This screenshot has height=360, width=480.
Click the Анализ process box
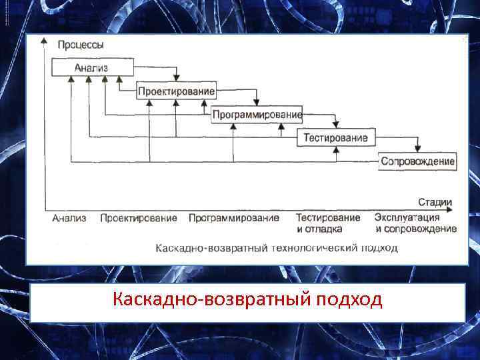click(x=92, y=67)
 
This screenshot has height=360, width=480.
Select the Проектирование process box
click(x=176, y=91)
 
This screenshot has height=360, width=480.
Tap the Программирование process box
click(x=257, y=115)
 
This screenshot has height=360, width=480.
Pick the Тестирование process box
click(x=335, y=138)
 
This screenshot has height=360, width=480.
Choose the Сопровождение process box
click(x=417, y=161)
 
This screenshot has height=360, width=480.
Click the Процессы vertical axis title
click(x=81, y=45)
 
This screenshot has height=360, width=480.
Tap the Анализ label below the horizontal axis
click(x=69, y=218)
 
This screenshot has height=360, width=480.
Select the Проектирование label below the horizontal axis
click(x=139, y=218)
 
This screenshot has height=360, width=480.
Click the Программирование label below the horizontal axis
click(x=233, y=218)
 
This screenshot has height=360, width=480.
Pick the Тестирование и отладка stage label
click(x=328, y=223)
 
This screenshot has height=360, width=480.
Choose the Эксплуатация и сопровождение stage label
click(x=415, y=223)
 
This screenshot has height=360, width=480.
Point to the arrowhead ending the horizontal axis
click(x=454, y=209)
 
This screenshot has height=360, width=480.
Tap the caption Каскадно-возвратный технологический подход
click(x=276, y=248)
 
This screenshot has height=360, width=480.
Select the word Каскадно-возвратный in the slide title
click(x=211, y=299)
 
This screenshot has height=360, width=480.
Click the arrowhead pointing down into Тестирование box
click(x=337, y=127)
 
